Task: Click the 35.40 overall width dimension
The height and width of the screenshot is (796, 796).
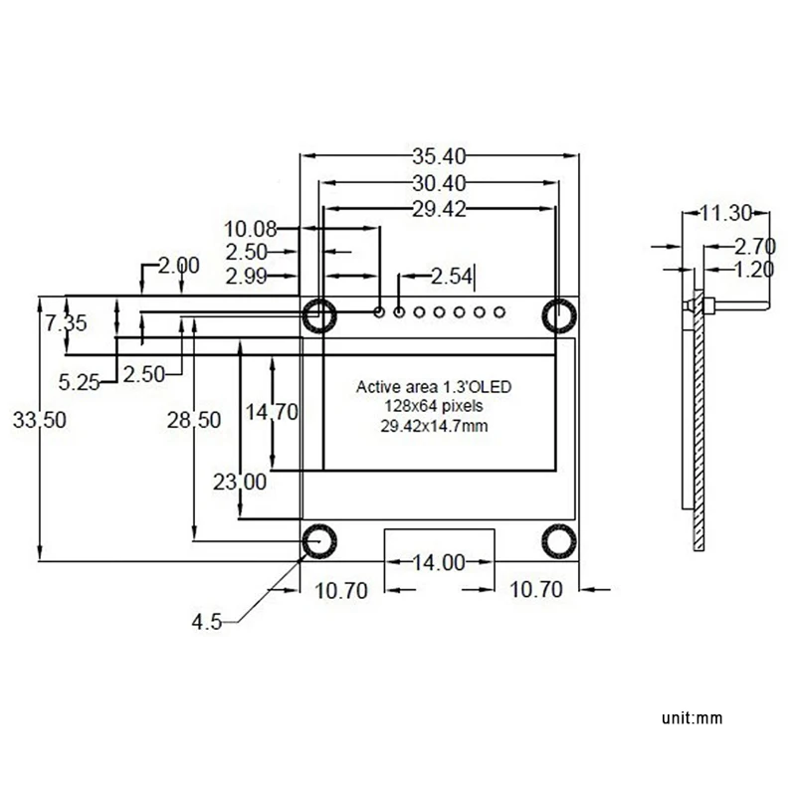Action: pyautogui.click(x=439, y=156)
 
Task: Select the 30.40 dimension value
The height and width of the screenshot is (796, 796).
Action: pyautogui.click(x=439, y=182)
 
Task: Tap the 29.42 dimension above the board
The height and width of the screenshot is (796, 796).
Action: pyautogui.click(x=439, y=208)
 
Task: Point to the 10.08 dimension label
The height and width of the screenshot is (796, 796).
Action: pyautogui.click(x=250, y=228)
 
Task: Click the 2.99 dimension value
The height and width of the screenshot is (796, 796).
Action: pyautogui.click(x=245, y=276)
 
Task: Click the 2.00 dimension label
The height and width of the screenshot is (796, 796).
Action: pyautogui.click(x=179, y=266)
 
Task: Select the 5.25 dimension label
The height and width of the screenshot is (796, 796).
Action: pyautogui.click(x=80, y=380)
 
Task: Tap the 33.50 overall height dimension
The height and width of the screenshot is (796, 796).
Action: pyautogui.click(x=40, y=421)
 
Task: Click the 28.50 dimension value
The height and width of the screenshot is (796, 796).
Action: pyautogui.click(x=193, y=421)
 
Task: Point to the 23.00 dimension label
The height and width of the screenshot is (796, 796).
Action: pyautogui.click(x=240, y=483)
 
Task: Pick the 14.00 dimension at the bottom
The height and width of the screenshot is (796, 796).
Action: pyautogui.click(x=439, y=563)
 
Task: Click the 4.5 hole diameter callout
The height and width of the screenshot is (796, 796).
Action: pyautogui.click(x=207, y=622)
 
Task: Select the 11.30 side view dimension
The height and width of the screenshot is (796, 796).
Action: pyautogui.click(x=719, y=213)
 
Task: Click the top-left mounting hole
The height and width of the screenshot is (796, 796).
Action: pyautogui.click(x=318, y=314)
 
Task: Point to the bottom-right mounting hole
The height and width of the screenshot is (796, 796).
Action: pyautogui.click(x=558, y=542)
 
